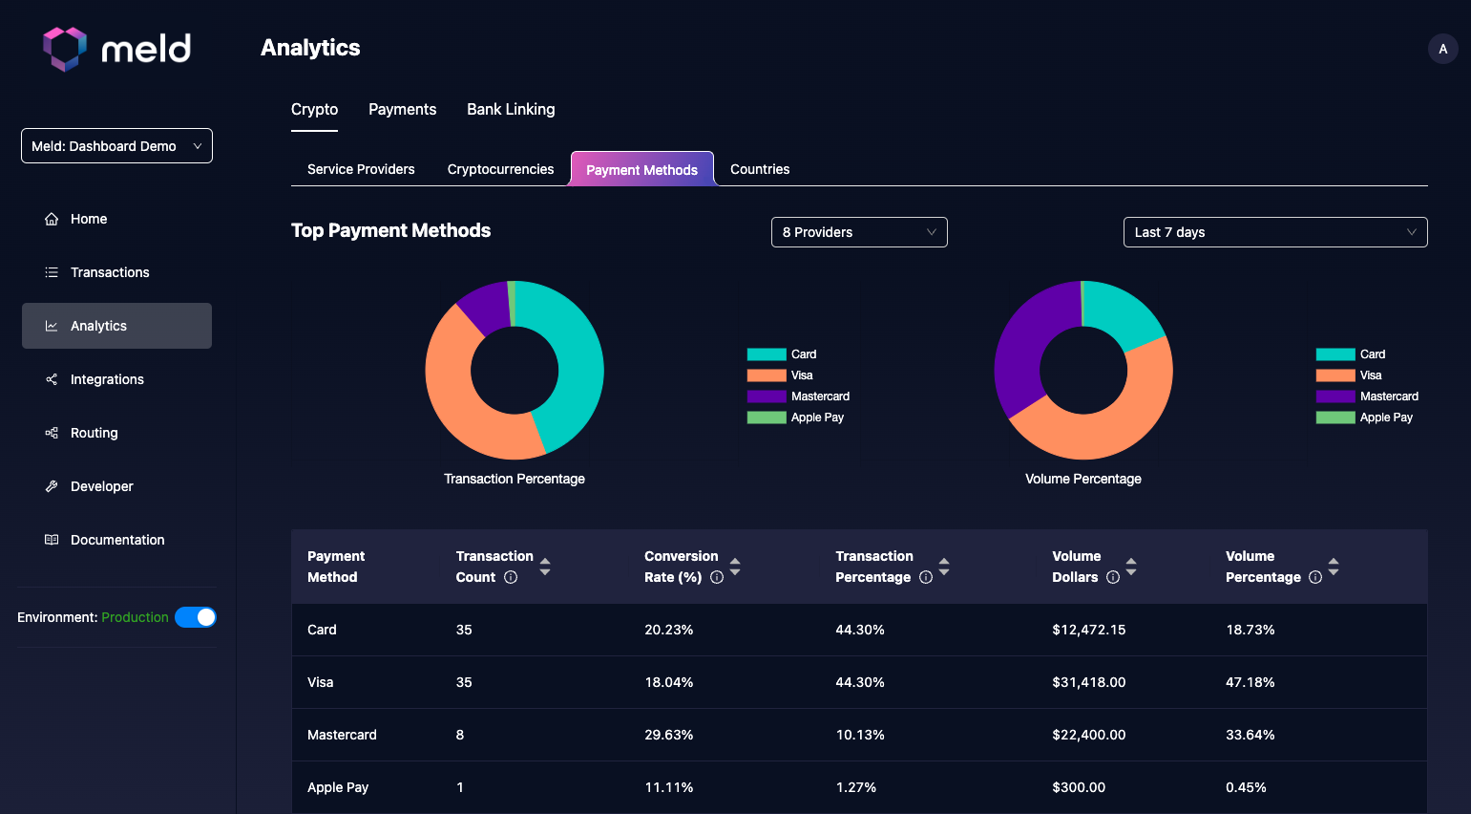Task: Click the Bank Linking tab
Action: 511,110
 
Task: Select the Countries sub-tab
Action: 760,169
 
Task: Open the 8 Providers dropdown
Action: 859,232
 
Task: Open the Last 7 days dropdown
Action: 1274,232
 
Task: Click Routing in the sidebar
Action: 94,433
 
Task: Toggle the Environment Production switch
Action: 196,617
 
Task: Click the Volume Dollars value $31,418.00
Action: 1088,682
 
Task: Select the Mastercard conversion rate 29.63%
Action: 668,735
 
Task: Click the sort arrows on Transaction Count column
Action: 545,567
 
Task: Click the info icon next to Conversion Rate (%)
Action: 717,577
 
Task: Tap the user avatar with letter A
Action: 1442,49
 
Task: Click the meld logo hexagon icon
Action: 65,49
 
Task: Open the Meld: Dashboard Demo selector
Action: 116,146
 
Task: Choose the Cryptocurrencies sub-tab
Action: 500,169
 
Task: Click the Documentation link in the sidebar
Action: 116,540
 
